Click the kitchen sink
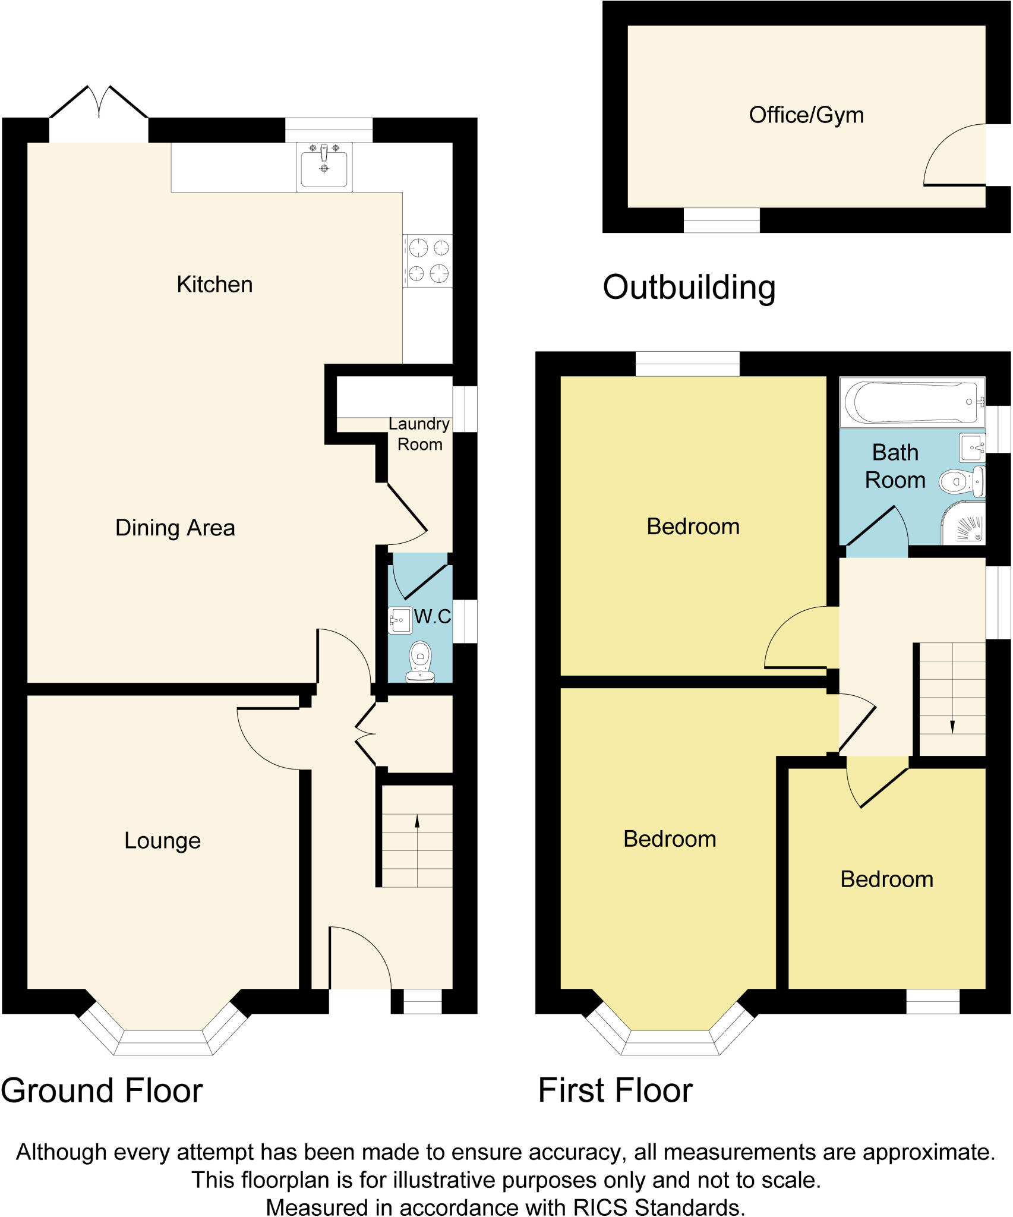click(324, 168)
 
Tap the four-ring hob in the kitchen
click(428, 260)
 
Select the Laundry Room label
click(419, 434)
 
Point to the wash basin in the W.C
click(400, 620)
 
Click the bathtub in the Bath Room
click(911, 402)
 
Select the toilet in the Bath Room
click(958, 481)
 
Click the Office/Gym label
click(806, 115)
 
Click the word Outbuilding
click(689, 288)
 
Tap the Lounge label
click(162, 840)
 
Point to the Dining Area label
click(175, 528)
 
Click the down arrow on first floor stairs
click(952, 726)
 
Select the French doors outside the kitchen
click(99, 104)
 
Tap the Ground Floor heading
click(102, 1091)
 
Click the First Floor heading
click(615, 1091)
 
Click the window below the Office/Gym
click(721, 220)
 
